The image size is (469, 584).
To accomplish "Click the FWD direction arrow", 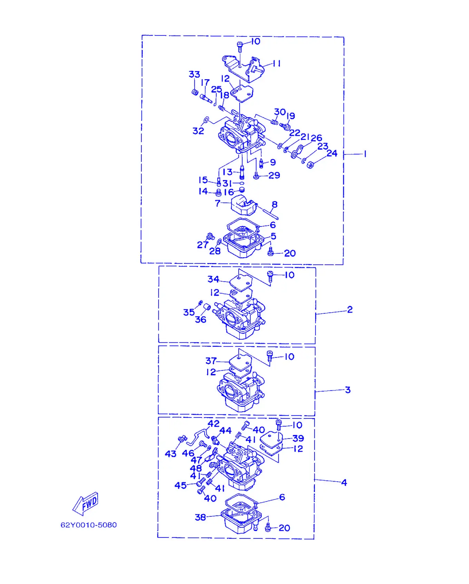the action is click(86, 504).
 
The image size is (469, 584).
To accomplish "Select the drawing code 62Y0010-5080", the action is click(89, 525).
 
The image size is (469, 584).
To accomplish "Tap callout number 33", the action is click(194, 74).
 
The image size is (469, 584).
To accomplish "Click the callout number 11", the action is click(277, 63).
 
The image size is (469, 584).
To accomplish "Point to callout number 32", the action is click(198, 131).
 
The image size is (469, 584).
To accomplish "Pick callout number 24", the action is click(332, 153).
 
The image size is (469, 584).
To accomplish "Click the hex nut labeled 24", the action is click(310, 165).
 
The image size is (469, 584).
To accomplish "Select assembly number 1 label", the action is click(365, 154).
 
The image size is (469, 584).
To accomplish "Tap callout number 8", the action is click(275, 204).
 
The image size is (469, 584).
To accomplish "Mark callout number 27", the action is click(202, 245).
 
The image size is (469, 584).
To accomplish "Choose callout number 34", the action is click(213, 279).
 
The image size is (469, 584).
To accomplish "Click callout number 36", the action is click(201, 320).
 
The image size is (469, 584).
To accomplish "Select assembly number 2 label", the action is click(350, 310).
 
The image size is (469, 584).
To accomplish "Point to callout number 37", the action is click(211, 361).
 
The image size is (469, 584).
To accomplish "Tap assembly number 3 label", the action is click(348, 390).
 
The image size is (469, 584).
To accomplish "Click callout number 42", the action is click(213, 423).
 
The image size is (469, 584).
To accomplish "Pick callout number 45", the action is click(180, 485).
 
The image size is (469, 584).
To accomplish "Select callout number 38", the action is click(200, 517).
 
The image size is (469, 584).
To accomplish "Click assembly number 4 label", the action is click(344, 483).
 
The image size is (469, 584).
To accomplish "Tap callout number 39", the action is click(298, 438).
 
